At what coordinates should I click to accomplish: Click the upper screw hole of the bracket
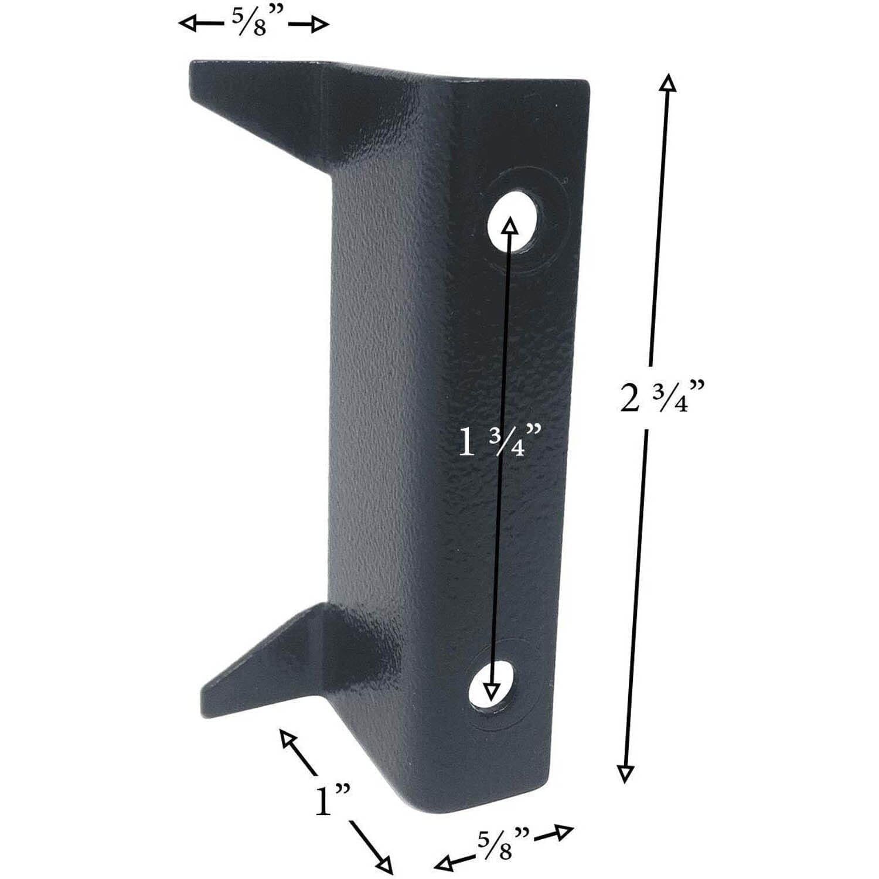[513, 219]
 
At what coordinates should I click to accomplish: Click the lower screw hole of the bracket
[493, 686]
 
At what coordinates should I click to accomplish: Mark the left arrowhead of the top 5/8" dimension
[188, 24]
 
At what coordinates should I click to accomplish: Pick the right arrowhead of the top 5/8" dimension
[320, 25]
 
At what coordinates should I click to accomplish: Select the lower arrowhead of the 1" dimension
[384, 864]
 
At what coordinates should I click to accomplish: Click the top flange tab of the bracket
[264, 100]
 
